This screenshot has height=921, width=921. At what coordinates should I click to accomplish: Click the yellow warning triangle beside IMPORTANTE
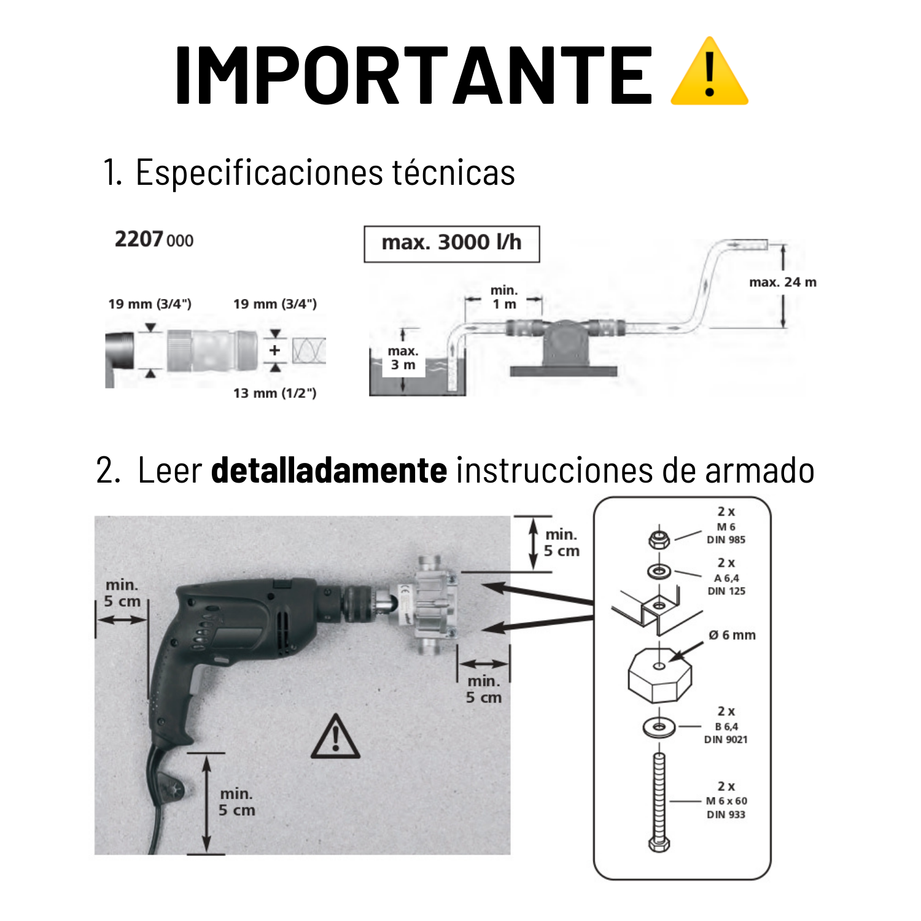[709, 72]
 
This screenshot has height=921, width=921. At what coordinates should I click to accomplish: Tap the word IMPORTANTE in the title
[414, 76]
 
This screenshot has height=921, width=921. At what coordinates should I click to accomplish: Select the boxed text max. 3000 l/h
[451, 243]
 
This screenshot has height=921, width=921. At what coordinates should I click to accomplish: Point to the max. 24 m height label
[783, 282]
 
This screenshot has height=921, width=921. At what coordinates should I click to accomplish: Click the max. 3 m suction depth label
[403, 358]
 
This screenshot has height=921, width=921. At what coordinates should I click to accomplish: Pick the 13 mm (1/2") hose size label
[274, 393]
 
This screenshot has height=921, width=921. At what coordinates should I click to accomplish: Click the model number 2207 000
[154, 239]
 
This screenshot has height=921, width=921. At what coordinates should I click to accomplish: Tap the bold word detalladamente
[329, 470]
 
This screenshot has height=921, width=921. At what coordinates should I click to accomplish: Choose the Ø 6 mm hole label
[732, 635]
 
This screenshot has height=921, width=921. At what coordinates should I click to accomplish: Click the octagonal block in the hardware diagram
[659, 674]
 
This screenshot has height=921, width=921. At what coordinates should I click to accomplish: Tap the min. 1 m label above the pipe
[504, 297]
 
